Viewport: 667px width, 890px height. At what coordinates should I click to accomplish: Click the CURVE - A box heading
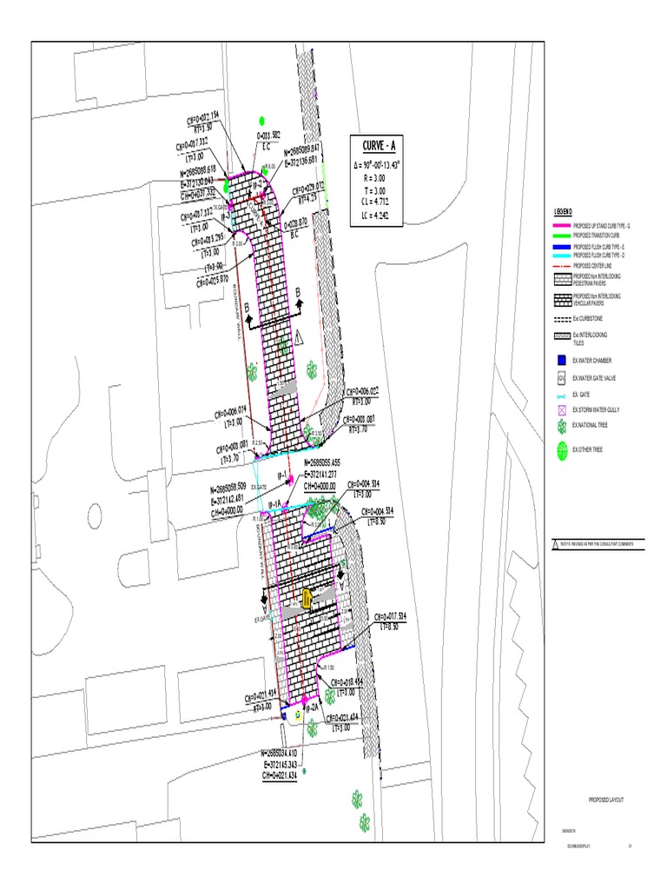click(379, 145)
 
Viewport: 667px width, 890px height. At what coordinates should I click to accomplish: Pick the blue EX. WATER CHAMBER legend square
click(561, 359)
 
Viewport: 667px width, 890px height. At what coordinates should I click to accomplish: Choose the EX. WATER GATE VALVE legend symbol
click(561, 378)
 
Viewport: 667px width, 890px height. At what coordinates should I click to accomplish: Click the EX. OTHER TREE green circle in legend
click(562, 448)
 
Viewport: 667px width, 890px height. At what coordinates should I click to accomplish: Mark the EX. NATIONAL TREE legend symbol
click(562, 426)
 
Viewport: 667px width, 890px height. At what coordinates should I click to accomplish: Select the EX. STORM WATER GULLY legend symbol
click(561, 409)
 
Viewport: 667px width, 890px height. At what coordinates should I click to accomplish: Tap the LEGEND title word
click(562, 212)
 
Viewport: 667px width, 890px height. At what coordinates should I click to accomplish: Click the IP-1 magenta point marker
click(288, 476)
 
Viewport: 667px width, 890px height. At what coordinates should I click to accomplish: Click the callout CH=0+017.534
click(390, 616)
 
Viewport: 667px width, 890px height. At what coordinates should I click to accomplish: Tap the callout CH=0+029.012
click(307, 187)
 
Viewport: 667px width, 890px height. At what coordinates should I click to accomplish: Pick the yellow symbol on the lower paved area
click(307, 598)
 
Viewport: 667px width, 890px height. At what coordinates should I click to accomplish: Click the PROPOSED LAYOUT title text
click(606, 799)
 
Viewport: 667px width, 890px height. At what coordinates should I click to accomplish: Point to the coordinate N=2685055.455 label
click(327, 464)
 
